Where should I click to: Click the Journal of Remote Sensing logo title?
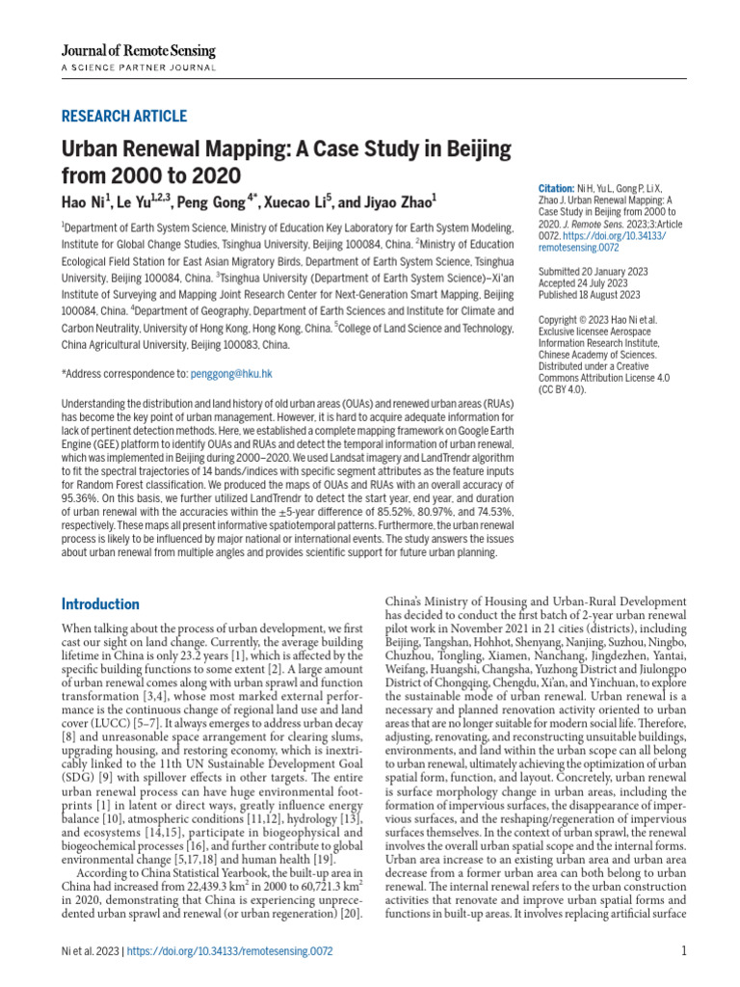point(138,50)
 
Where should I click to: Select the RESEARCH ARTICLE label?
point(124,117)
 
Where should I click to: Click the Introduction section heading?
point(100,604)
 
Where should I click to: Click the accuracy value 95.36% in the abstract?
point(81,501)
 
